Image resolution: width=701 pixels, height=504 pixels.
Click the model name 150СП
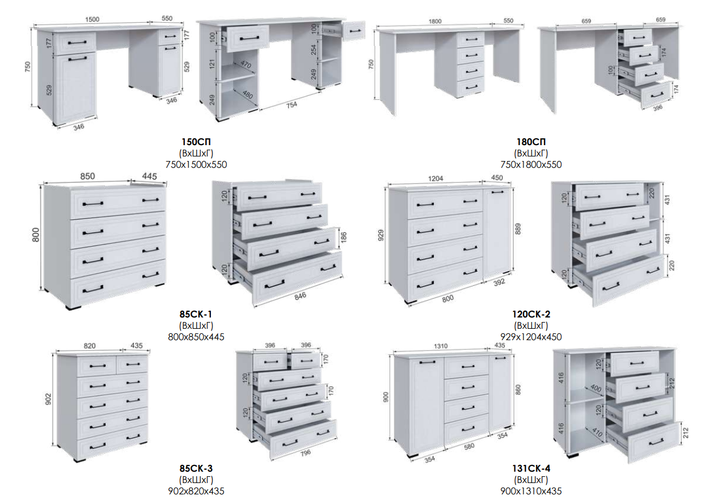[x=196, y=142]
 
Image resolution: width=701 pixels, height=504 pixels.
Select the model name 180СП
[x=531, y=142]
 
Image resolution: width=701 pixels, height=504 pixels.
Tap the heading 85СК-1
[x=196, y=314]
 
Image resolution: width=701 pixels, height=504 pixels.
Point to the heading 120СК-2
[x=531, y=314]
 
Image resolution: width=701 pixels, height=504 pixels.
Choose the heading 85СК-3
[x=196, y=468]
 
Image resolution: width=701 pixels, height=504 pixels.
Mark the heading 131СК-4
[x=531, y=468]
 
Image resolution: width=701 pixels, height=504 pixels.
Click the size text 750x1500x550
[x=196, y=164]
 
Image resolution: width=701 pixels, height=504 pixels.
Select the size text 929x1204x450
[x=531, y=337]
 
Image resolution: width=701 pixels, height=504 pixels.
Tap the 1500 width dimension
[x=92, y=19]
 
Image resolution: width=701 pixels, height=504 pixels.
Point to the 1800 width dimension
[x=435, y=22]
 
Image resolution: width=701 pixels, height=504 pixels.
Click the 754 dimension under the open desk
[x=292, y=105]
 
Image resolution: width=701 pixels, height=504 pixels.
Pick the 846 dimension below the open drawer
[x=300, y=296]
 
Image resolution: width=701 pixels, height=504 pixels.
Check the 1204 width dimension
[x=436, y=179]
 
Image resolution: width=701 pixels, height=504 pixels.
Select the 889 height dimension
[x=518, y=229]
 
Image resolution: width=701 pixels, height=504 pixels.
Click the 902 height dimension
[x=48, y=399]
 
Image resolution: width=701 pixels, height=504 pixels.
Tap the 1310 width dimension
[x=441, y=346]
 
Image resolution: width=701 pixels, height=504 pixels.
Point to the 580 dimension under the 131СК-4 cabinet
[x=469, y=447]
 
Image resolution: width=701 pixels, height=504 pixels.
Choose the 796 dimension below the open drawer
[x=306, y=452]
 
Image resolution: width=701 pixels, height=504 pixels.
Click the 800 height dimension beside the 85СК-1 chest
[x=36, y=235]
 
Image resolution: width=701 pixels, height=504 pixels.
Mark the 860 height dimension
[x=518, y=389]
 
